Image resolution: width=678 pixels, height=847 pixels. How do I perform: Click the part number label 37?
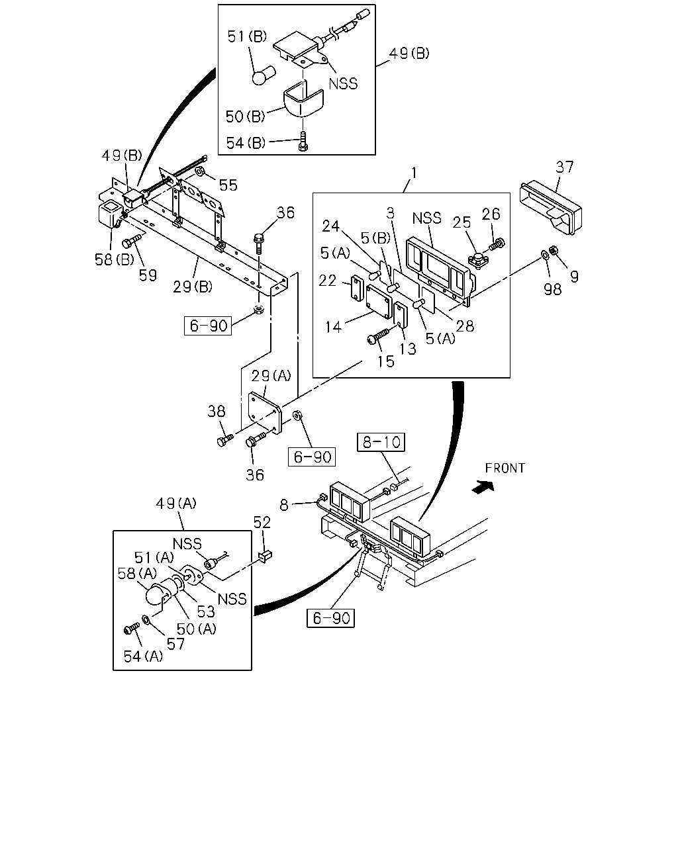pyautogui.click(x=565, y=167)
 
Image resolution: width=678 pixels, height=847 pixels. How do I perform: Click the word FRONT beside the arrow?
pyautogui.click(x=505, y=468)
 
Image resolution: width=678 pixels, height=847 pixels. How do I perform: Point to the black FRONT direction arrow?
pyautogui.click(x=483, y=487)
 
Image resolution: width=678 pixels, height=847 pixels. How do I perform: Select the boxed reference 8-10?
pyautogui.click(x=381, y=442)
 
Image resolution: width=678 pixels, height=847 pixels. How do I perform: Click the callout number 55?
pyautogui.click(x=228, y=185)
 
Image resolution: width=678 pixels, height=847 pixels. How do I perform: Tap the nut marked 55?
pyautogui.click(x=200, y=171)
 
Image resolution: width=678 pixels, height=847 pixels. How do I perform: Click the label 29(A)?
pyautogui.click(x=271, y=377)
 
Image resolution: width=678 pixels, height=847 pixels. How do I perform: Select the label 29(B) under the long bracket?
pyautogui.click(x=193, y=287)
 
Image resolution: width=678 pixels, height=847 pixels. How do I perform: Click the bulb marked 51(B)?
pyautogui.click(x=264, y=75)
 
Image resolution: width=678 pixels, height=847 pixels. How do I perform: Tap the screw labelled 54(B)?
pyautogui.click(x=303, y=141)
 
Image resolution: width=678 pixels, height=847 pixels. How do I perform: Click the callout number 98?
pyautogui.click(x=553, y=289)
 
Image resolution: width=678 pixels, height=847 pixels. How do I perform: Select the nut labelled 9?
pyautogui.click(x=553, y=249)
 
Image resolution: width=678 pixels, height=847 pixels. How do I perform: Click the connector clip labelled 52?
pyautogui.click(x=266, y=556)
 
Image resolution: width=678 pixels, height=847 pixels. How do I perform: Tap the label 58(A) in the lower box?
pyautogui.click(x=137, y=574)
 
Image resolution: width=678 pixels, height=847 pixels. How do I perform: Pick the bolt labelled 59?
pyautogui.click(x=132, y=241)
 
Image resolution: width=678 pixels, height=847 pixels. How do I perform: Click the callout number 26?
pyautogui.click(x=491, y=214)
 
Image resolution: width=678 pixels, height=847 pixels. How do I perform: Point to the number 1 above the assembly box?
pyautogui.click(x=414, y=173)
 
